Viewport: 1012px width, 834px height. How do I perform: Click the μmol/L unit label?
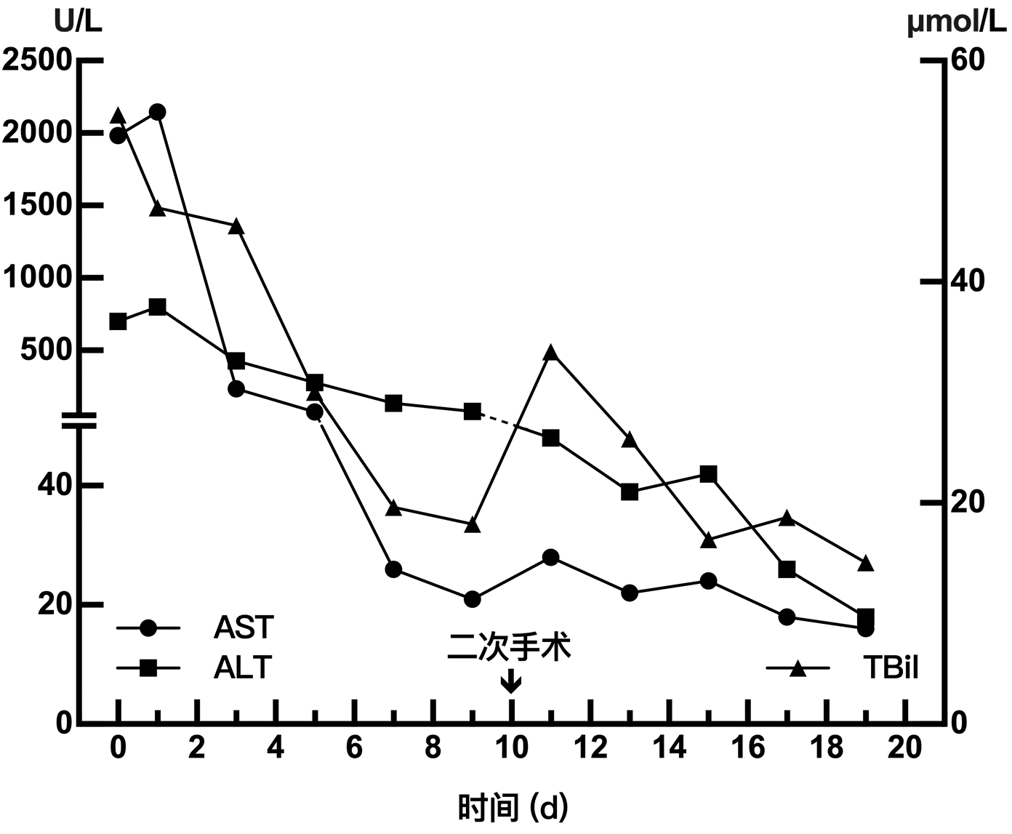[957, 24]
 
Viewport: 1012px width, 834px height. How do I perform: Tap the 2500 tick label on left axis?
[38, 60]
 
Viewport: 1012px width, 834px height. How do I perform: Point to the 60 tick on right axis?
[968, 60]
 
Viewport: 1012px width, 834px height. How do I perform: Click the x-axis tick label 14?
[668, 747]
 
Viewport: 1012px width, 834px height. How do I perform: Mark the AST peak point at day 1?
[157, 112]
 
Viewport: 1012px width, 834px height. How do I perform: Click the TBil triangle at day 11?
[551, 353]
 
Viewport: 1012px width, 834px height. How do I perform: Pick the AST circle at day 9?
[473, 599]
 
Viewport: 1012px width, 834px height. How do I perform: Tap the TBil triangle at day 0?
[119, 116]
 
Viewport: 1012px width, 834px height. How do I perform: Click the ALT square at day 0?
[118, 321]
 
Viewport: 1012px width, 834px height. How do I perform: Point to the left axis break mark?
[79, 420]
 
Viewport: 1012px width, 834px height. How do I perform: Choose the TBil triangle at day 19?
[865, 564]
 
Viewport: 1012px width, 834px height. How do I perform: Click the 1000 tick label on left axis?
[38, 278]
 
